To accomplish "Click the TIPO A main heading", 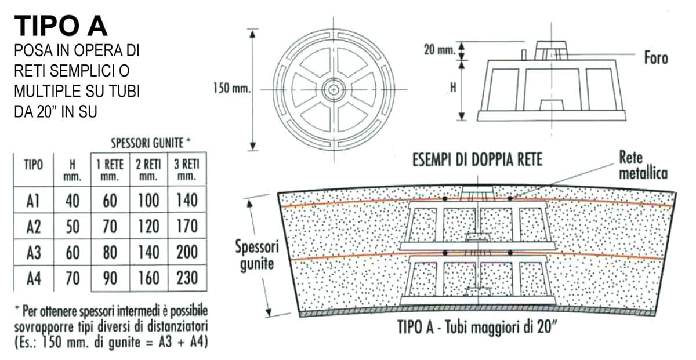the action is [x=61, y=26].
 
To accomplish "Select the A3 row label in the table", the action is [x=34, y=252].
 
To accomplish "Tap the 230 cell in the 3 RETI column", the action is [x=187, y=278].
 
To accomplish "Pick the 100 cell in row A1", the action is [x=148, y=201].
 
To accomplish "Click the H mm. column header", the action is [x=72, y=170].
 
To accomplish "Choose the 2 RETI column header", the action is [x=148, y=170].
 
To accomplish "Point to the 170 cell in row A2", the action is [x=187, y=226].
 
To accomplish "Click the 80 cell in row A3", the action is [x=110, y=252].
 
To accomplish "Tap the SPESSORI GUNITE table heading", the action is [x=151, y=143].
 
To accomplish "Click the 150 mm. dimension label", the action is [x=232, y=88].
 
